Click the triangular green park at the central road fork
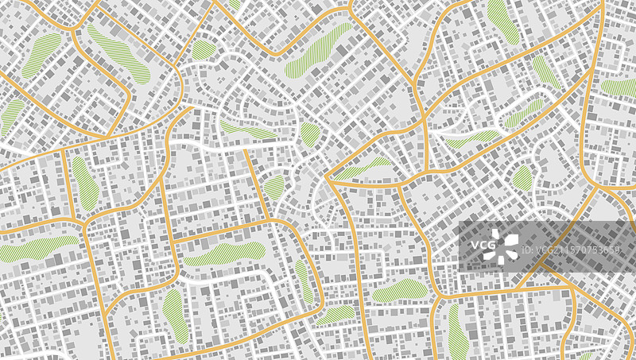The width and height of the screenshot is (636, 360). (x=366, y=168)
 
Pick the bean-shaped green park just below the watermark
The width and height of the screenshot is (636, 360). (x=400, y=291)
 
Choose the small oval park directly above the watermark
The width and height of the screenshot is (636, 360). (x=522, y=177)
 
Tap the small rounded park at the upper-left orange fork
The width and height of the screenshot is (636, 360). (x=204, y=51)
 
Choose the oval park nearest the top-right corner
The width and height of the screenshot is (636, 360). (x=502, y=21)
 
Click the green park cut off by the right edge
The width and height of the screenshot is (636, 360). (x=619, y=87)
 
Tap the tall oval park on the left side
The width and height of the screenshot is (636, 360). (x=86, y=183)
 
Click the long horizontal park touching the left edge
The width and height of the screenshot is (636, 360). (x=36, y=249)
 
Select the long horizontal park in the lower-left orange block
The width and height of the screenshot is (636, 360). (x=223, y=254)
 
